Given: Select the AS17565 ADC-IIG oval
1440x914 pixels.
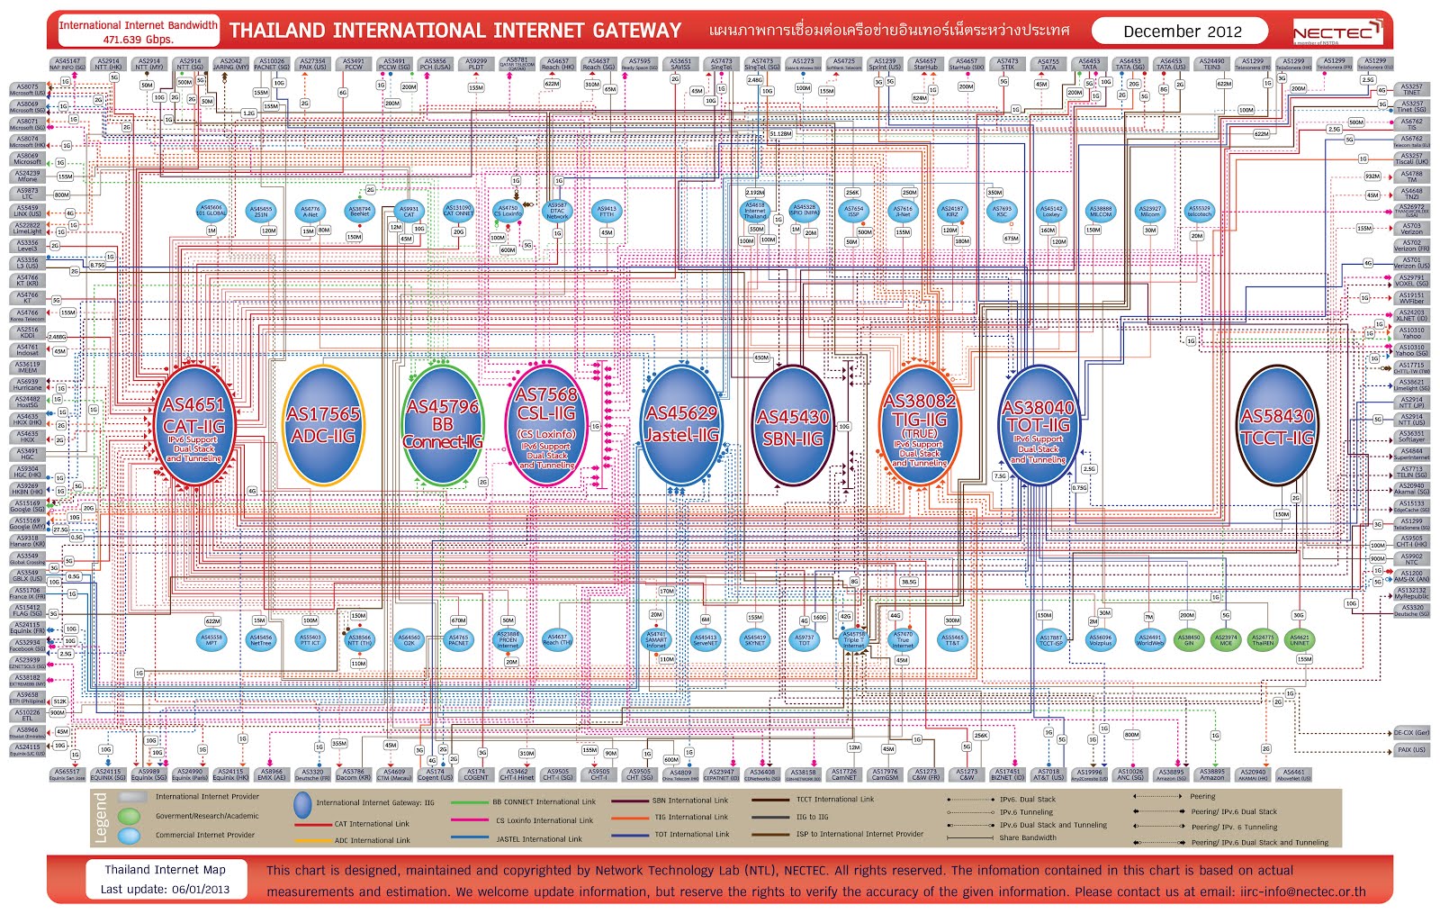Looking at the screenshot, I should coord(323,425).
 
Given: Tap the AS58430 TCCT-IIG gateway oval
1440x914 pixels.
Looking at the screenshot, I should coord(1277,426).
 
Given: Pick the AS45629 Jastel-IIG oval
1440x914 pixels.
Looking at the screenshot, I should coord(681,425).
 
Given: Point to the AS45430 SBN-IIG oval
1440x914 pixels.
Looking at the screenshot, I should coord(792,426).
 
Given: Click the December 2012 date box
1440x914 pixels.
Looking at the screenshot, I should coord(1181,32).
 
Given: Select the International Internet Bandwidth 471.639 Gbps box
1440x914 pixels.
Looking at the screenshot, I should coord(138,32).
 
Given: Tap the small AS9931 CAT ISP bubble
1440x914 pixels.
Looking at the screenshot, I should coord(409,211).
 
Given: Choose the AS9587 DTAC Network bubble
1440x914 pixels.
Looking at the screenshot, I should coord(557,211).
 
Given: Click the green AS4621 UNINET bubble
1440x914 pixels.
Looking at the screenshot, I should coord(1299,639).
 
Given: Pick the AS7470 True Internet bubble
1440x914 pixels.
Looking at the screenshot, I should coord(903,639).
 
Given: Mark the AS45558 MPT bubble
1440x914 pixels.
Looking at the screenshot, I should coord(211,639).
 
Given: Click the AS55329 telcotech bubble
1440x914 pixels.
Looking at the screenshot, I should coord(1199,211).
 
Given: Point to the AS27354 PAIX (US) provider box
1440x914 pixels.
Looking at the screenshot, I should coord(312,65).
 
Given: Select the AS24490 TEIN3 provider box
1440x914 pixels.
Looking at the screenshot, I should coord(1211,65).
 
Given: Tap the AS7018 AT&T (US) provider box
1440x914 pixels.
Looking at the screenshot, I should coord(1048,774).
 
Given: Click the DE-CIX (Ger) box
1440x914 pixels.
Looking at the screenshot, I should coord(1410,733).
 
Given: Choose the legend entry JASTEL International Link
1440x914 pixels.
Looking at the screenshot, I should coord(538,838).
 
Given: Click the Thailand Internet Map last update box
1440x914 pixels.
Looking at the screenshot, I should coord(165,879).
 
